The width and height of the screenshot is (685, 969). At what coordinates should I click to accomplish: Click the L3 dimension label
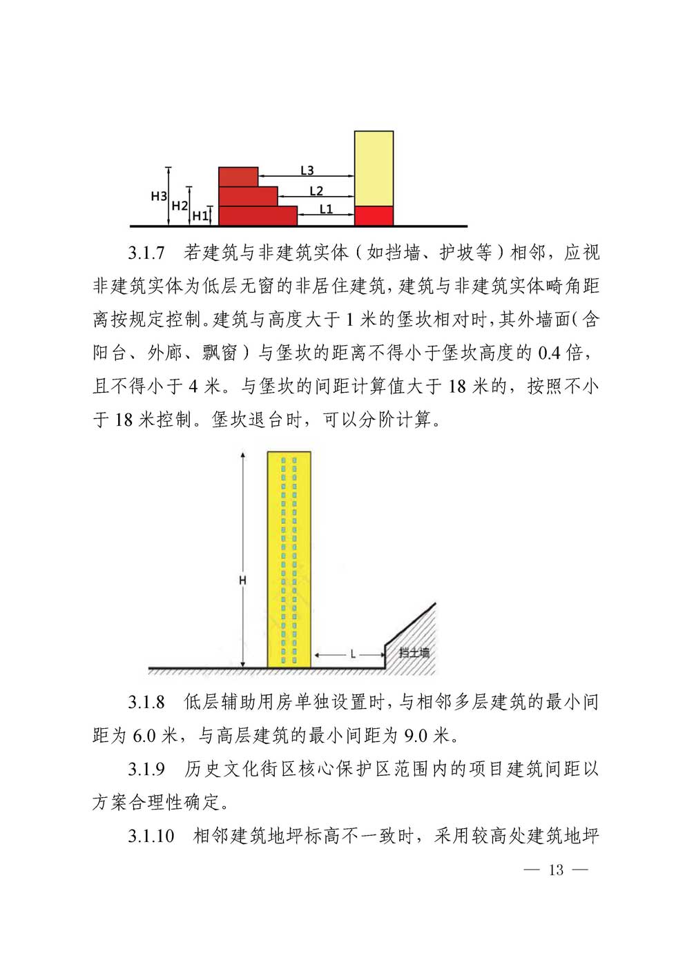[x=307, y=170]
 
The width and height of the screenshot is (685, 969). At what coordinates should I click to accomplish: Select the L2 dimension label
[x=316, y=191]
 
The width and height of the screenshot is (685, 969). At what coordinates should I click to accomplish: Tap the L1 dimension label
[x=326, y=209]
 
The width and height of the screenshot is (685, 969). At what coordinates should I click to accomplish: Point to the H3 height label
[x=159, y=196]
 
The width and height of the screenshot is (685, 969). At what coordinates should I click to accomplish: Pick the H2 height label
[x=180, y=206]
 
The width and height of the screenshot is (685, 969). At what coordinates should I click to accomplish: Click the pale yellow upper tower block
[x=374, y=168]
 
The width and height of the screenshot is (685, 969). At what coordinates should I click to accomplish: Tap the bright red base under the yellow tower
[x=374, y=215]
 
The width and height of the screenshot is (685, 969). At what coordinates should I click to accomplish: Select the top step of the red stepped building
[x=238, y=177]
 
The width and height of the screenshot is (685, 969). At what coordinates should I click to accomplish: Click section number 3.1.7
[x=146, y=253]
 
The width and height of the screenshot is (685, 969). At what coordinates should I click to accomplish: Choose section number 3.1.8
[x=146, y=703]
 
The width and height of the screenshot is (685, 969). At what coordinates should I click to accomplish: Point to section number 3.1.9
[x=146, y=769]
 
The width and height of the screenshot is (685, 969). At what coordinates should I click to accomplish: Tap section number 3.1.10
[x=151, y=836]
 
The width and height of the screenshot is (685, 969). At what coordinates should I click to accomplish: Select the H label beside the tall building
[x=242, y=581]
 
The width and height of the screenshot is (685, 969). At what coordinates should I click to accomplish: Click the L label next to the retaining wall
[x=353, y=654]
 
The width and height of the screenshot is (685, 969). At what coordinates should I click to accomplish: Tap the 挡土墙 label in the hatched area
[x=414, y=652]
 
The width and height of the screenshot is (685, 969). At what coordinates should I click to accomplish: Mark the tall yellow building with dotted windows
[x=289, y=559]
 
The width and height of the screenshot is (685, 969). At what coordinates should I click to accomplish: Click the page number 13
[x=556, y=870]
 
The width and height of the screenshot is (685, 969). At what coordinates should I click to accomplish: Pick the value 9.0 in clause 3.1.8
[x=416, y=736]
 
